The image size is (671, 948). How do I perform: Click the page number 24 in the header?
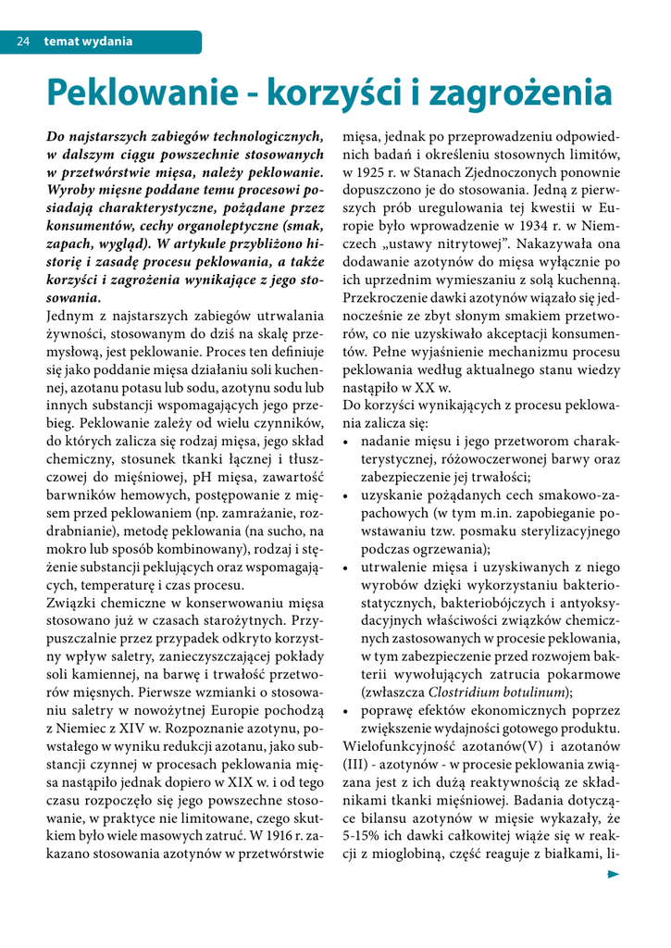tap(24, 42)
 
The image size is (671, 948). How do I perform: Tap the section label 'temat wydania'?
tap(88, 42)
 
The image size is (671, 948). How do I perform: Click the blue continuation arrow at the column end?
tap(613, 873)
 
